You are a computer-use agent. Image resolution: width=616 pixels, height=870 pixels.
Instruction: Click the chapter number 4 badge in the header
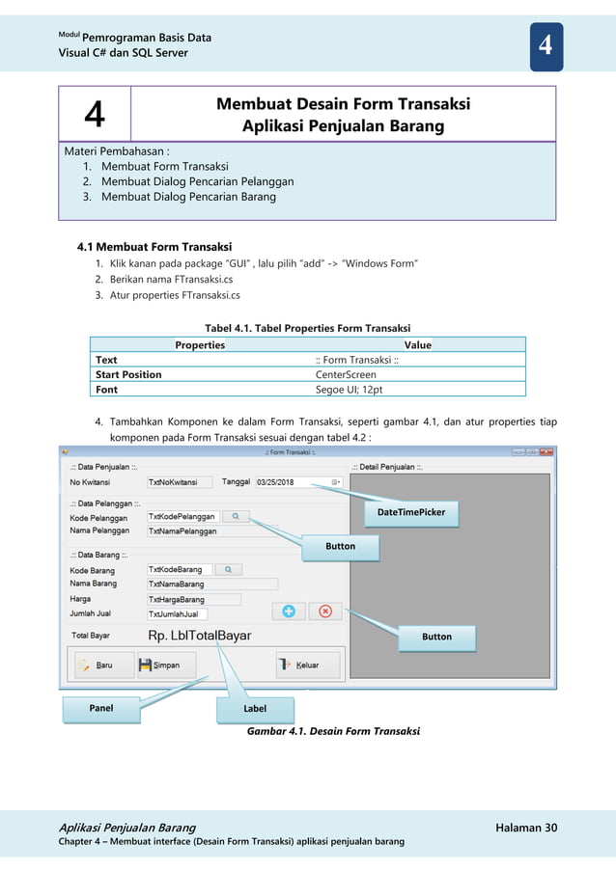546,46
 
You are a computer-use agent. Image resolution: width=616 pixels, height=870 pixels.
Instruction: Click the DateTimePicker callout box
411,512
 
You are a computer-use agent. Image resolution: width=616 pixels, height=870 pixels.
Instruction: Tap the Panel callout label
101,708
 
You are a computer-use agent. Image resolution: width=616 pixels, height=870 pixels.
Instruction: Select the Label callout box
255,709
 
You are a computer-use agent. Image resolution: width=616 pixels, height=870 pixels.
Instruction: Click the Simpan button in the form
166,665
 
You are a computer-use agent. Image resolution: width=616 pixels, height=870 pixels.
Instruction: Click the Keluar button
307,665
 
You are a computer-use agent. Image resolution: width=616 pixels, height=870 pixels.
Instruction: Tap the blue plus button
288,611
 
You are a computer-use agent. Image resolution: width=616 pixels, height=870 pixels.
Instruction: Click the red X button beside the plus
325,611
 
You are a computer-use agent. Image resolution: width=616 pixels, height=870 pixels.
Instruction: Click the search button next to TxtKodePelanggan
236,517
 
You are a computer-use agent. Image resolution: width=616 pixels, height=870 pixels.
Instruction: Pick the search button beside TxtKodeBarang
228,570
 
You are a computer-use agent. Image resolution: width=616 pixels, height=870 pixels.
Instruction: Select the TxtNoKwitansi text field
181,481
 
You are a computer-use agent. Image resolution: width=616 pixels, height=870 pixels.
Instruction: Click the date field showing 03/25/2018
297,481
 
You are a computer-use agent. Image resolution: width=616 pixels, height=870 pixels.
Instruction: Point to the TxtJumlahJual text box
177,613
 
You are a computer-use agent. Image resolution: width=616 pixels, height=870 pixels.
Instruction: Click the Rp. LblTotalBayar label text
200,636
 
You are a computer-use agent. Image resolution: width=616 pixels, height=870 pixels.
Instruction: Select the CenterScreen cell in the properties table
346,374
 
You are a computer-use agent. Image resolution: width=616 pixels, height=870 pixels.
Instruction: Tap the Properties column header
200,344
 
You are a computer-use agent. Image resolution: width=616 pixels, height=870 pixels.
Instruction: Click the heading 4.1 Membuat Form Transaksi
154,246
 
